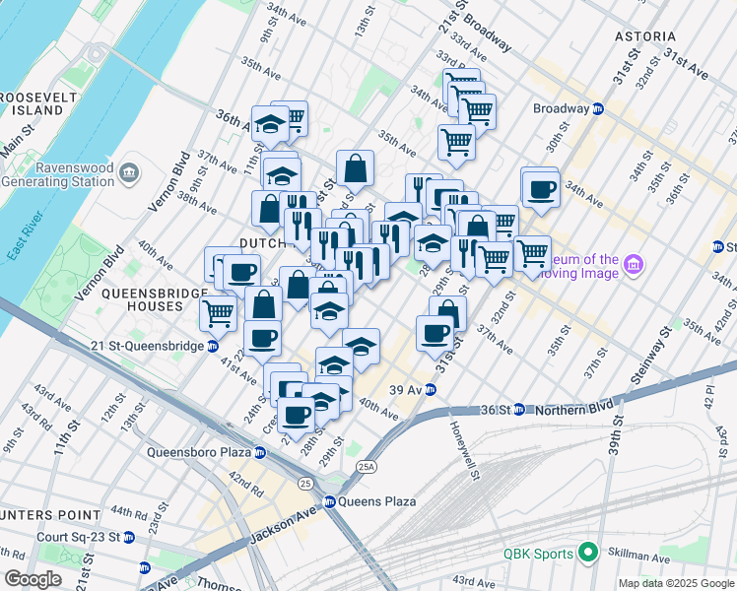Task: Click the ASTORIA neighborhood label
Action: point(645,36)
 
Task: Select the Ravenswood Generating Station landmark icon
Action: point(129,174)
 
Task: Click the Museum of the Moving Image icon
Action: point(634,265)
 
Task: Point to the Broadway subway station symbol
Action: point(598,108)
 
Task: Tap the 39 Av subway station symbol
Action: point(431,389)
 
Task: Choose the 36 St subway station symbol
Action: point(530,409)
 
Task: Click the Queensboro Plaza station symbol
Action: point(260,453)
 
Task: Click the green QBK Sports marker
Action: point(589,554)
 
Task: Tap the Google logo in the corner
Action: point(33,579)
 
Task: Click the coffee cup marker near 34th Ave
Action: point(540,188)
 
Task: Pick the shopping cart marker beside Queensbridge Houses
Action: point(218,314)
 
